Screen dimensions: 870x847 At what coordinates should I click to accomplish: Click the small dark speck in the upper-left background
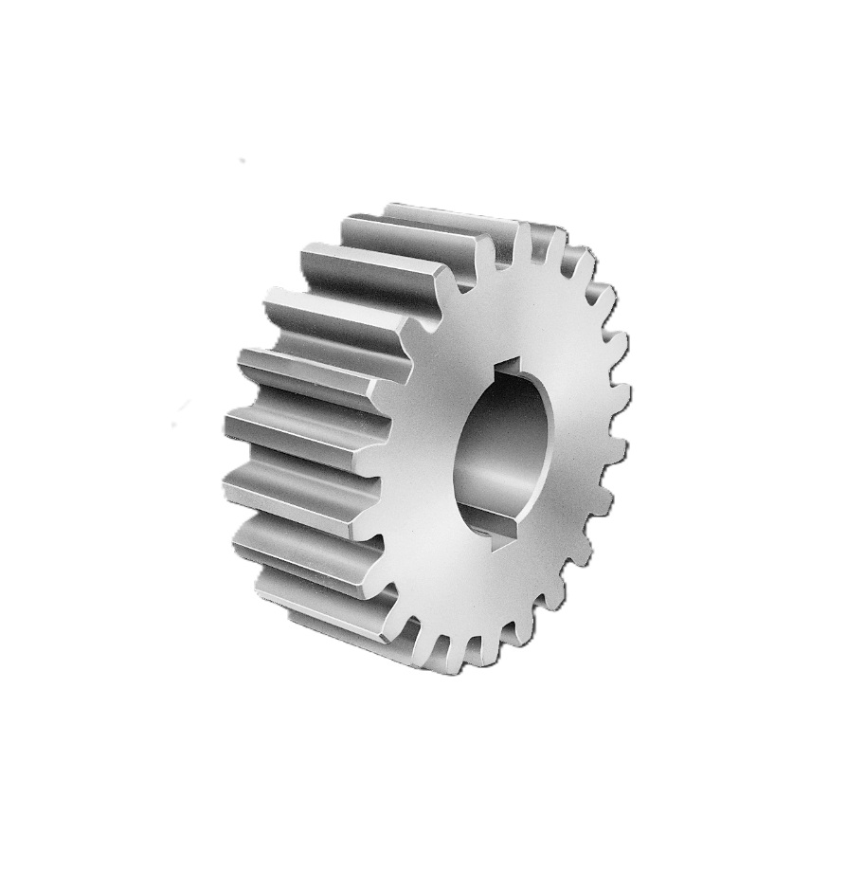pos(242,161)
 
